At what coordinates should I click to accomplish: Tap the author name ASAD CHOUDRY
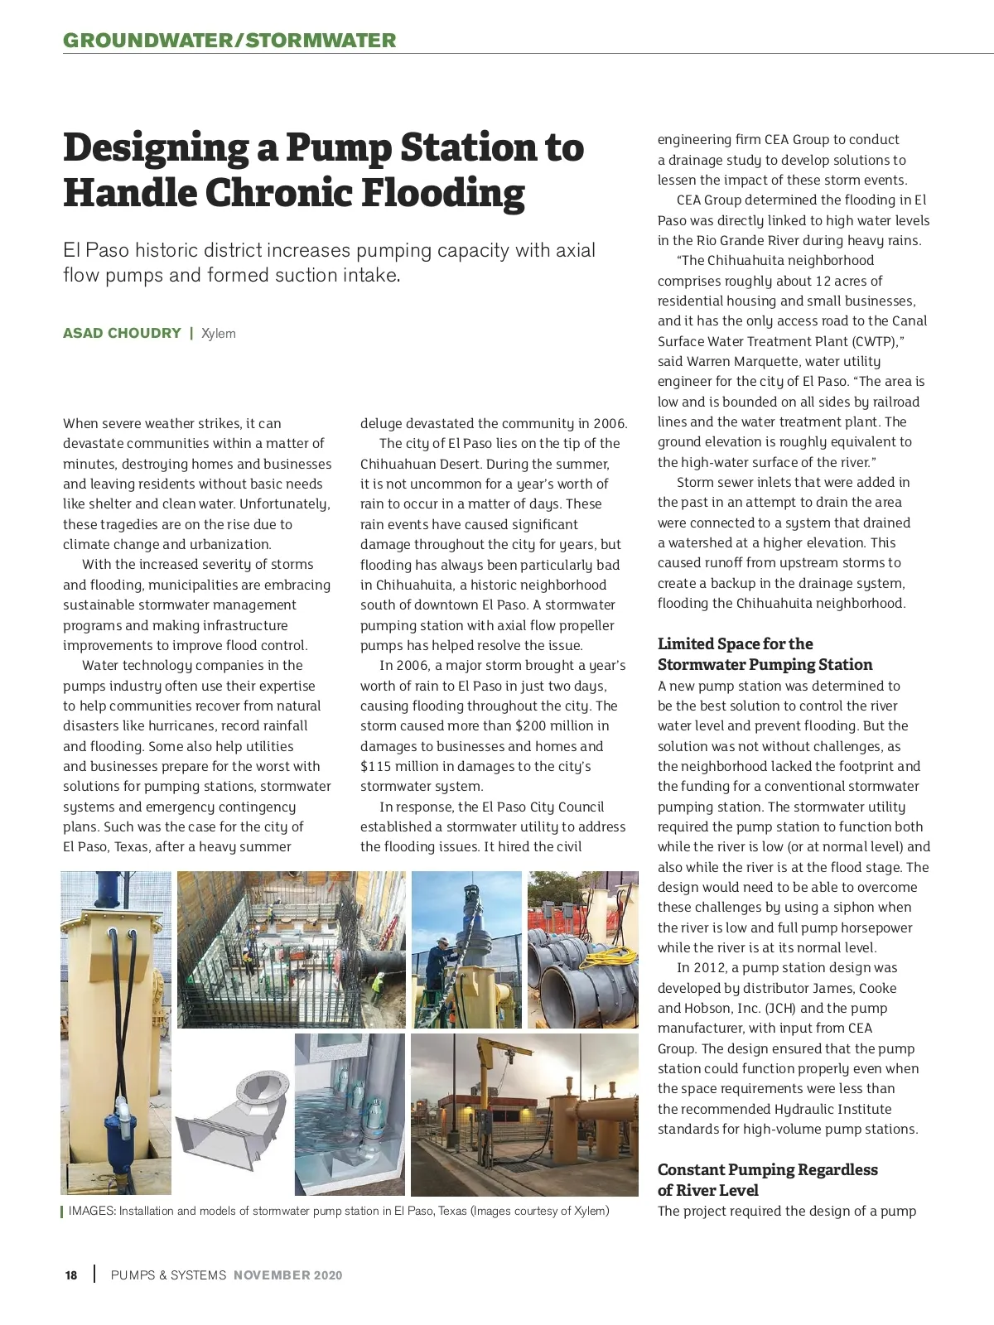122,333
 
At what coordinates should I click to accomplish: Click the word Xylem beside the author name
219,334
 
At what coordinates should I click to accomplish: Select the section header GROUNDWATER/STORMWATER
229,40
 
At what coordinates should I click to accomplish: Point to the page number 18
71,1275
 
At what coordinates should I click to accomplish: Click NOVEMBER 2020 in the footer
287,1275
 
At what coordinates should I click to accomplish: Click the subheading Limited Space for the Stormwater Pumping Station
765,654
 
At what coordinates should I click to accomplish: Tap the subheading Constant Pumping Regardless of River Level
767,1179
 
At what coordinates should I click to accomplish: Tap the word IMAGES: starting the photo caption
91,1211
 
